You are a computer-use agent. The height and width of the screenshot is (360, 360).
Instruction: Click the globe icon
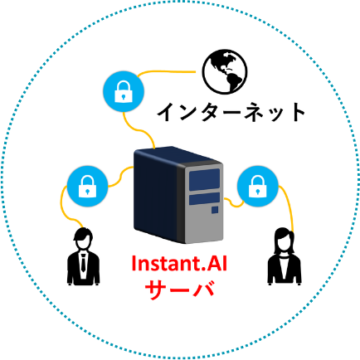tap(225, 71)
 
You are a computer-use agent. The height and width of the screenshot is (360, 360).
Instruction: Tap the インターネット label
tap(231, 112)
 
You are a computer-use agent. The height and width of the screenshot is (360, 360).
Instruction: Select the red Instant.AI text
tap(179, 264)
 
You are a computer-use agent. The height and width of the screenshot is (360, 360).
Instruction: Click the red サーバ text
tap(180, 289)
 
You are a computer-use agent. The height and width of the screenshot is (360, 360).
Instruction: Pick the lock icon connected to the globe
tap(124, 91)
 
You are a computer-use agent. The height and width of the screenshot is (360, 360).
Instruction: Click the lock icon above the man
tap(87, 186)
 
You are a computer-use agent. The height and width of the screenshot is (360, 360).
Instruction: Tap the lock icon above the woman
tap(258, 186)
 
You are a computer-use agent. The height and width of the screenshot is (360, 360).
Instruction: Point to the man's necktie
tap(83, 262)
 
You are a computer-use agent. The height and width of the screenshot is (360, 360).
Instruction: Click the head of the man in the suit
tap(83, 239)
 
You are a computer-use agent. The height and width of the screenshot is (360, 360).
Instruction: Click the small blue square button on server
tap(215, 210)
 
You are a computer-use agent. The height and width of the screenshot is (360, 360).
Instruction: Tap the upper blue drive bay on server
tap(204, 180)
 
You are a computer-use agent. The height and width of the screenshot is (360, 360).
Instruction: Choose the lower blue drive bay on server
tap(204, 199)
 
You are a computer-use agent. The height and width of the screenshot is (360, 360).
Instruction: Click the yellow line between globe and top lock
tap(165, 72)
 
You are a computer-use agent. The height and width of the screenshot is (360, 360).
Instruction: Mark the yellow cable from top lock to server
tap(139, 129)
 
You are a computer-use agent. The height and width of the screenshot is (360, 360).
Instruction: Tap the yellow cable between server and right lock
tap(234, 203)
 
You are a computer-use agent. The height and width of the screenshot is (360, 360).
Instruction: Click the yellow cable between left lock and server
tap(121, 176)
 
